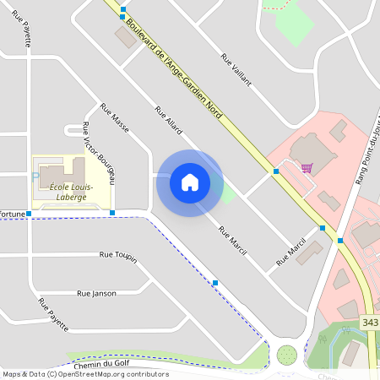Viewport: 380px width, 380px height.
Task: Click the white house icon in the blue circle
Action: pos(189,182)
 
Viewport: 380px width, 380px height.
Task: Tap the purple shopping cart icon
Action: pos(307,167)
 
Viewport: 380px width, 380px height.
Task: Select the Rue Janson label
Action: pos(96,293)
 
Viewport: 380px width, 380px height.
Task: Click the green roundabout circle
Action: pos(288,354)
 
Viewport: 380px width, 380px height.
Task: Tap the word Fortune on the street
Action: pos(12,214)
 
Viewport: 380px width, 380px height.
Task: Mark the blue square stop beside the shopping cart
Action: pos(276,171)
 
